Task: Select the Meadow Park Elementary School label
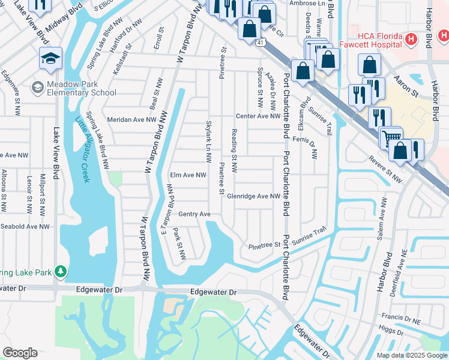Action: (74, 88)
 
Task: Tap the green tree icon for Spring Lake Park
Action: (60, 272)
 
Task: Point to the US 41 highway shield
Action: (259, 43)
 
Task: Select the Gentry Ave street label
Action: (194, 214)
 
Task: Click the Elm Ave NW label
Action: (188, 175)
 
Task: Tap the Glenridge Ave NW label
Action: (254, 196)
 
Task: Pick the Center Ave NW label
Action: (258, 116)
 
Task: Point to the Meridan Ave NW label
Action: (131, 119)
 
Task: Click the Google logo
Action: (20, 353)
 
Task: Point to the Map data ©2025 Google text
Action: (411, 355)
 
